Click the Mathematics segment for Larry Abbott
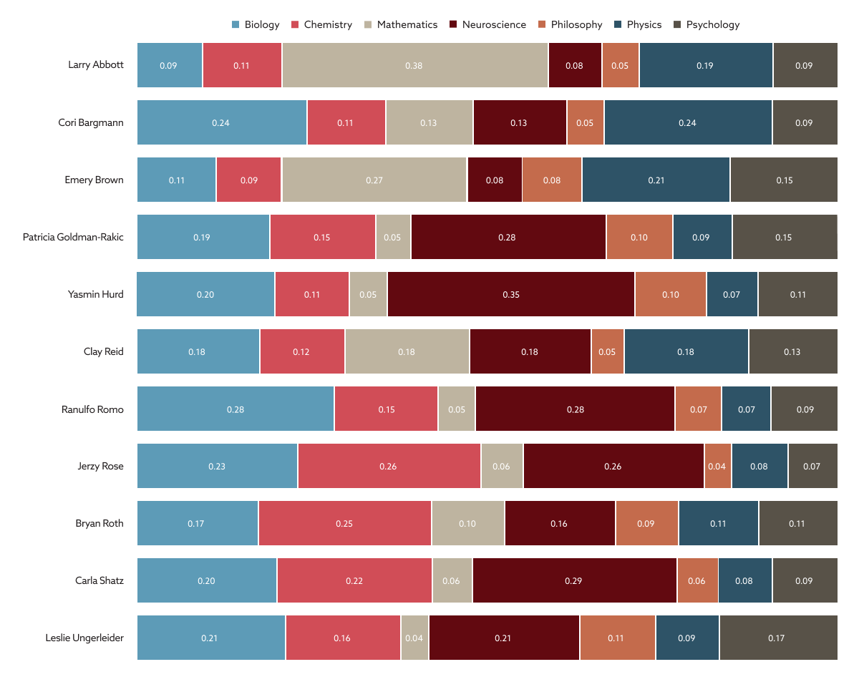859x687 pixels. (x=414, y=65)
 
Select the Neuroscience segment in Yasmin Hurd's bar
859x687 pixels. (x=511, y=294)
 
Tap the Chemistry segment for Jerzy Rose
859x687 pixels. (x=389, y=466)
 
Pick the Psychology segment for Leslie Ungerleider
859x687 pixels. (x=778, y=638)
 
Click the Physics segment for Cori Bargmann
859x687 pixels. (x=688, y=122)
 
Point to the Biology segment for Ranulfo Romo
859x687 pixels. (x=236, y=409)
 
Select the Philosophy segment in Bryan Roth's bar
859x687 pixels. (x=646, y=523)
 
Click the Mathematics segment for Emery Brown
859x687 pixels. (x=374, y=180)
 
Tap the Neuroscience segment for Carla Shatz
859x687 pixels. (x=574, y=580)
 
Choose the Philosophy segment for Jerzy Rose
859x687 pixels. (x=717, y=466)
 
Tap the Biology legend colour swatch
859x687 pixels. (x=236, y=25)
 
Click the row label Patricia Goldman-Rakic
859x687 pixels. (x=73, y=237)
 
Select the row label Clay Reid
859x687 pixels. (x=103, y=351)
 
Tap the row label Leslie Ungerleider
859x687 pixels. (x=84, y=638)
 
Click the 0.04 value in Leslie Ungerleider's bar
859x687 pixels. (x=414, y=638)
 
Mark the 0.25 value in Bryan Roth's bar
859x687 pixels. (x=344, y=523)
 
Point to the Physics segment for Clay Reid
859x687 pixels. (x=686, y=351)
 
